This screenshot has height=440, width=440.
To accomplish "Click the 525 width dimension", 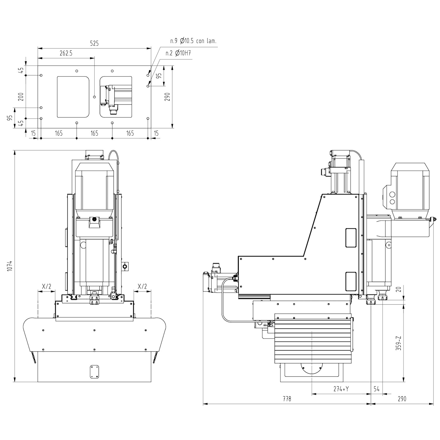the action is tap(94, 43).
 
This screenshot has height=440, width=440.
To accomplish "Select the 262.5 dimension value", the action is tap(66, 53).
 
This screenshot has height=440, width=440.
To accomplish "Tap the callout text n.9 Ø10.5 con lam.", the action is tap(193, 41).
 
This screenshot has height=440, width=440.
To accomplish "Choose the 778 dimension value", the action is tap(287, 399).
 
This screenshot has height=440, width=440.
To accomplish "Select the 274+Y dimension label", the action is tap(341, 389).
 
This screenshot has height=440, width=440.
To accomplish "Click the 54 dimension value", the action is tap(377, 389).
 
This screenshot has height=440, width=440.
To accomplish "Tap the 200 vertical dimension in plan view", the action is tap(21, 97).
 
